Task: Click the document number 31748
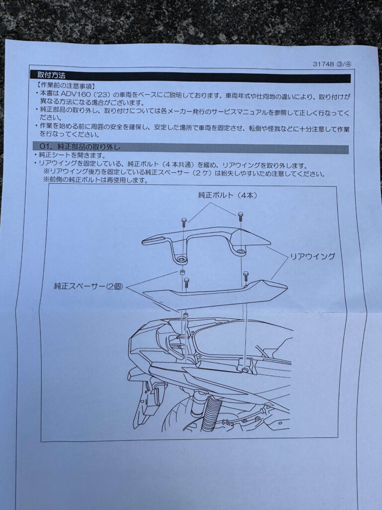(x=323, y=64)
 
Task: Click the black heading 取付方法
(x=52, y=76)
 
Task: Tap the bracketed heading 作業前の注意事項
(x=66, y=87)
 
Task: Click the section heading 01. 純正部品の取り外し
(x=80, y=147)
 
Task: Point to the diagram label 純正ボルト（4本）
(x=227, y=195)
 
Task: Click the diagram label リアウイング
(x=312, y=256)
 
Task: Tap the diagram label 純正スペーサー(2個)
(x=89, y=286)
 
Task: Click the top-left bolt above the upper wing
(x=184, y=222)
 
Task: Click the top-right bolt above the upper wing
(x=240, y=216)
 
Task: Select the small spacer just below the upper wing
(x=183, y=272)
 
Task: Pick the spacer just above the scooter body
(x=186, y=315)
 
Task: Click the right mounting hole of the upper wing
(x=241, y=251)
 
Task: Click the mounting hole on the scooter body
(x=244, y=370)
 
